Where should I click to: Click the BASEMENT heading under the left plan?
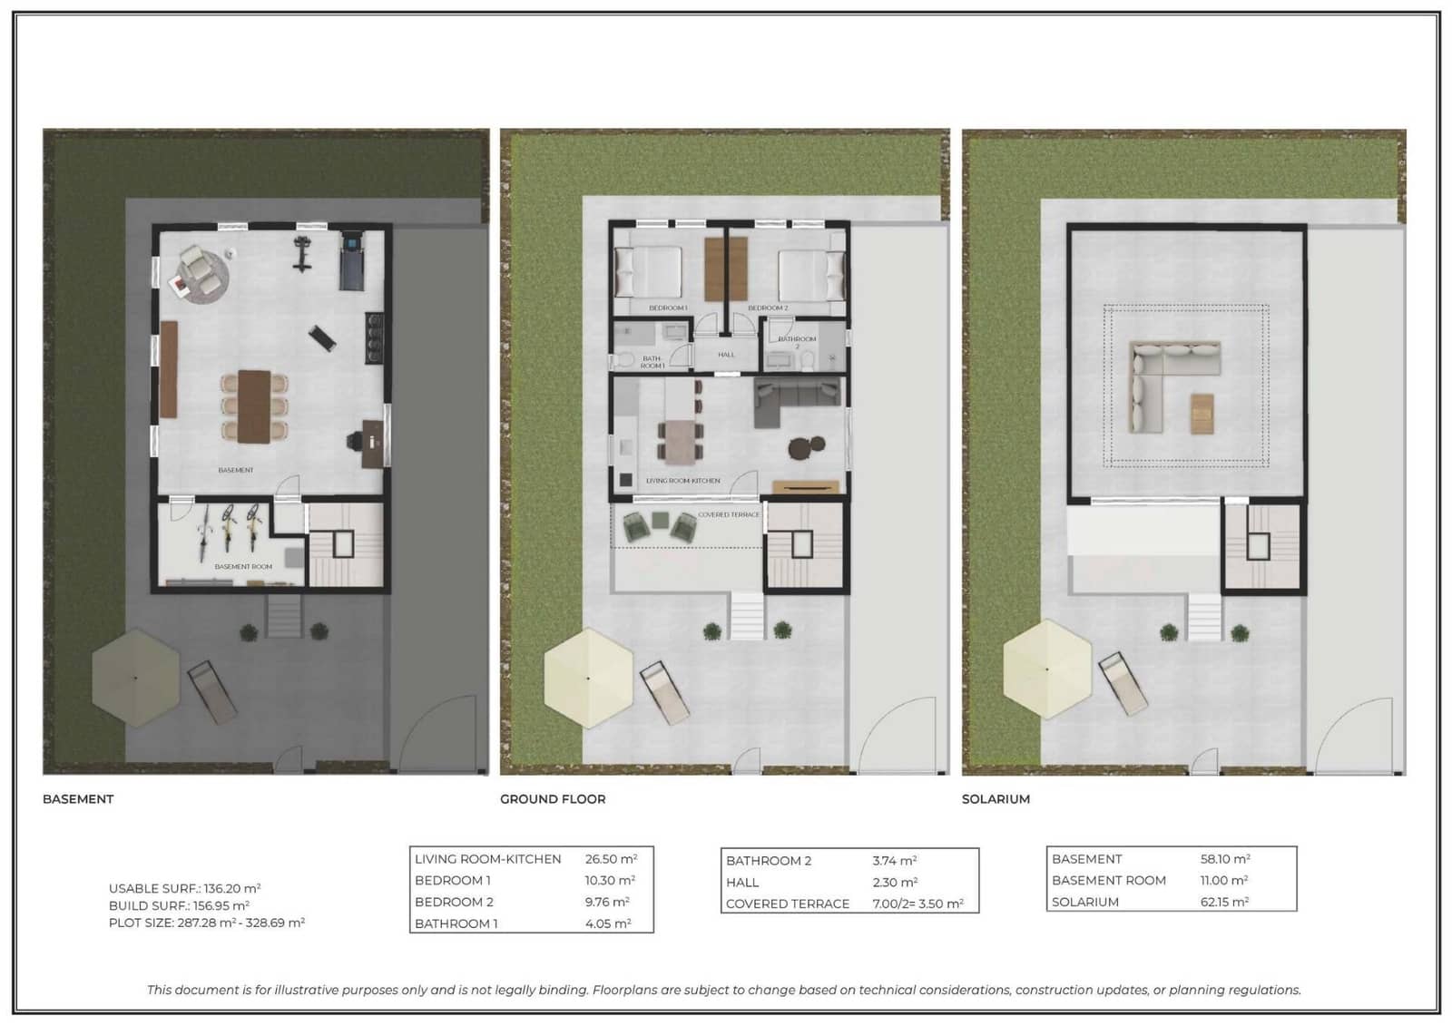point(78,799)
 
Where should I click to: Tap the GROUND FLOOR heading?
point(553,799)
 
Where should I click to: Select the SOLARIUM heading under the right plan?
point(996,799)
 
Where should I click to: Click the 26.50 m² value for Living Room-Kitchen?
point(611,858)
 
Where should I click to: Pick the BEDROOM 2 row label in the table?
point(454,902)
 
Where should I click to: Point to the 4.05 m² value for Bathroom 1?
point(607,923)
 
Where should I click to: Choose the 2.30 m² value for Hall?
point(895,882)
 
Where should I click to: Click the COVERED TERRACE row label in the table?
point(787,904)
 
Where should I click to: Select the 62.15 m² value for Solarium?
point(1224,902)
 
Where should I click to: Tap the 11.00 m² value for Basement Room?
point(1223,880)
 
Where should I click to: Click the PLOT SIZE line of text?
point(206,923)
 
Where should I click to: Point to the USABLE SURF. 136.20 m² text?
point(184,888)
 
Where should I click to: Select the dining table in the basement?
point(255,406)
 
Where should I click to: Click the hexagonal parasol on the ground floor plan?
point(588,678)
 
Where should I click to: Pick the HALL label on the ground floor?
point(726,355)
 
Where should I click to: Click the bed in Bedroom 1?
point(648,271)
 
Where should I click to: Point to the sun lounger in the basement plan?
point(212,691)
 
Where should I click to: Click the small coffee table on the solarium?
point(1202,413)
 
